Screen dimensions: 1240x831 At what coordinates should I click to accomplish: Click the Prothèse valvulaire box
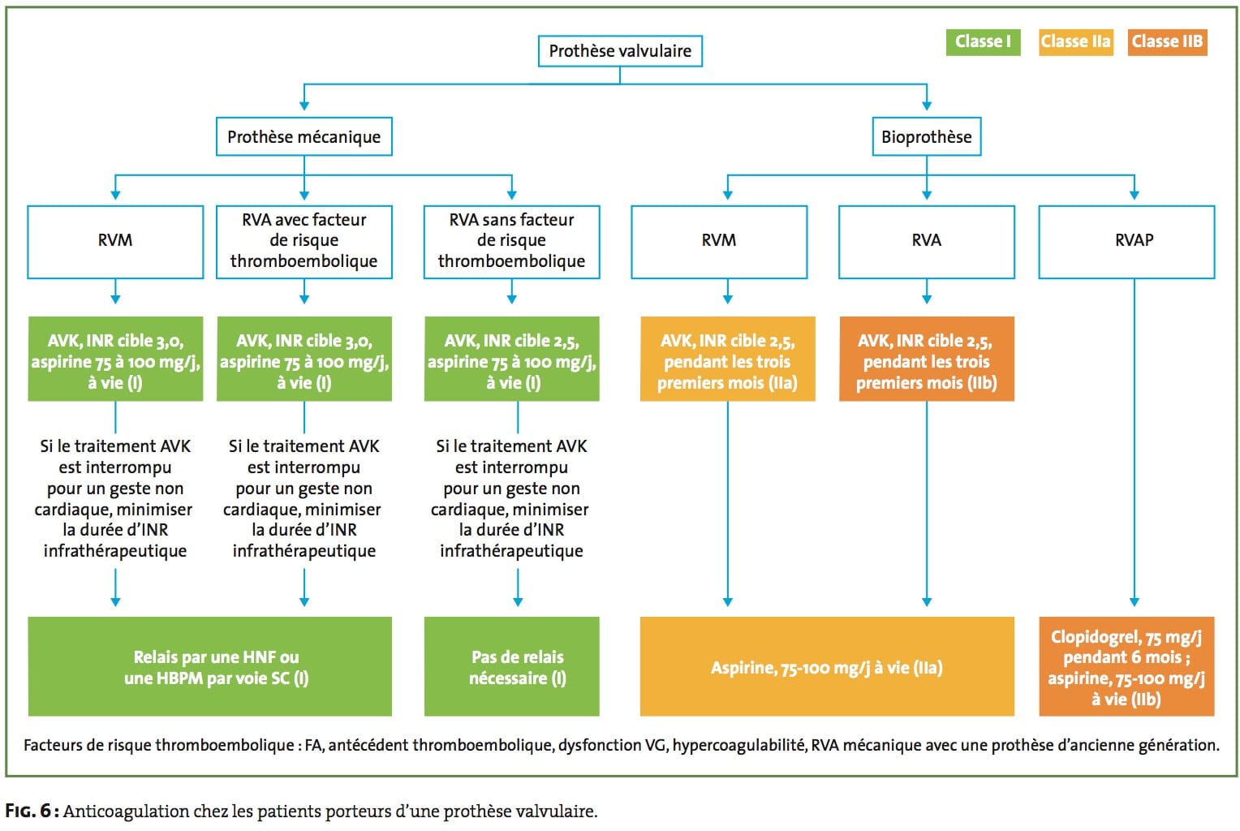coord(620,51)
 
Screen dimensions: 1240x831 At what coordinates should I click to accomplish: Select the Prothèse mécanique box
coord(304,136)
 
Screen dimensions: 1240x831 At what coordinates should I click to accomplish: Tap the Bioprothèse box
coord(927,136)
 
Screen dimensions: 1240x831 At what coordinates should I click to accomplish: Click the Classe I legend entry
coord(983,42)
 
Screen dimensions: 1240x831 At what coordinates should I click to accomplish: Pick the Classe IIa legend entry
coord(1075,42)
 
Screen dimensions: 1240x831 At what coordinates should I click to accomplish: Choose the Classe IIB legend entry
coord(1168,42)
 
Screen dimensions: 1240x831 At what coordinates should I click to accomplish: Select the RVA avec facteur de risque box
coord(304,242)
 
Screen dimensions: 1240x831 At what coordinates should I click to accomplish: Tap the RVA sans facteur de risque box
coord(511,242)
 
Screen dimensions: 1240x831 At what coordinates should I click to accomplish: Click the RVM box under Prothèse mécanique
coord(115,242)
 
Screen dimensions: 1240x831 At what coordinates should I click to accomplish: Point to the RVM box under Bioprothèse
coord(719,242)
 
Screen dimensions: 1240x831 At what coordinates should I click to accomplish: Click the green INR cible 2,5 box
coord(511,359)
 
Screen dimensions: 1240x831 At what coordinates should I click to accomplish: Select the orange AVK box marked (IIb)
coord(927,359)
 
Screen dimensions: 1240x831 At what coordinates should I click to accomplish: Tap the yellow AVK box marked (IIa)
coord(727,359)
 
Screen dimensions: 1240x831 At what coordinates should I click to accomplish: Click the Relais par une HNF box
coord(210,666)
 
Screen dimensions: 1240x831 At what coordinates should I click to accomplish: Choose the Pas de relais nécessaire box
coord(511,666)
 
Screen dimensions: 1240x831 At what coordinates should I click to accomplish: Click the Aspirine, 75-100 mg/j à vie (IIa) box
coord(827,666)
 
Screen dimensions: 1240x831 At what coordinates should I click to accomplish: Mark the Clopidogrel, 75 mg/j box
coord(1126,666)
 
